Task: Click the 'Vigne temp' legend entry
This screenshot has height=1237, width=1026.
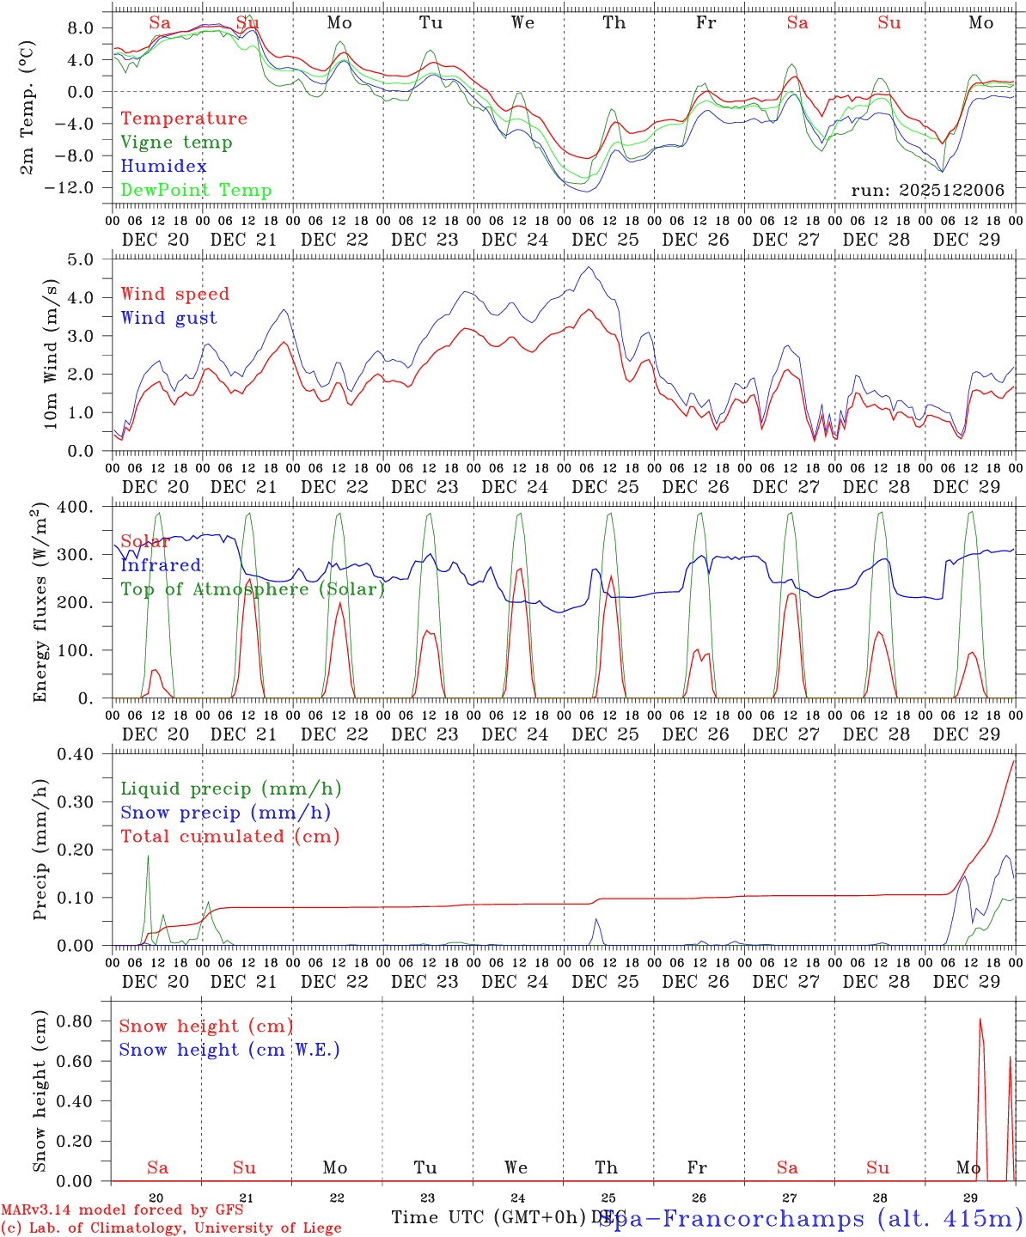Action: click(176, 143)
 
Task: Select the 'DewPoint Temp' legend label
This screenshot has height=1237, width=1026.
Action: click(196, 191)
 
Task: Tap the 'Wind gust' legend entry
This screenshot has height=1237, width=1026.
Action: click(168, 318)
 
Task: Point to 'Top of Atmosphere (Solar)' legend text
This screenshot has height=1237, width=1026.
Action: click(253, 589)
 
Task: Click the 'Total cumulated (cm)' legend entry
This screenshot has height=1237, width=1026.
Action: click(230, 836)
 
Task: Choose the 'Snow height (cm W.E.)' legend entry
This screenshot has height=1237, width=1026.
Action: click(229, 1050)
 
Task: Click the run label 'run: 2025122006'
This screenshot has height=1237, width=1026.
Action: click(927, 190)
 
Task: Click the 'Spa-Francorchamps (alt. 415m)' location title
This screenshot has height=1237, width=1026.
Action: click(810, 1219)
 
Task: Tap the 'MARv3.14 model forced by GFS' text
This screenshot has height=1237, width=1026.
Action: click(122, 1210)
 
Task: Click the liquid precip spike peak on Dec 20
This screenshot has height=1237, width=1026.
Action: click(148, 856)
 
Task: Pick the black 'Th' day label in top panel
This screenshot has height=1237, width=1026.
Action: click(614, 23)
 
